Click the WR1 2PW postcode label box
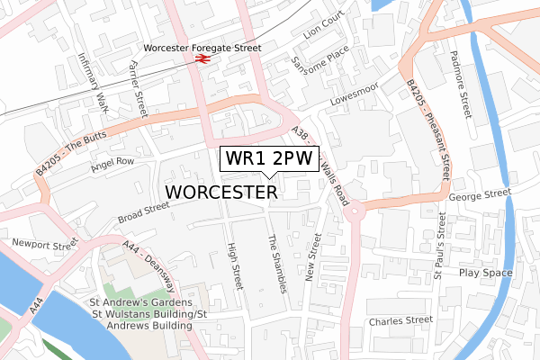(x=263, y=159)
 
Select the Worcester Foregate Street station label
(x=202, y=48)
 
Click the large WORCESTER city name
(x=221, y=193)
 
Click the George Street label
(x=479, y=193)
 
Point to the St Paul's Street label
(x=439, y=240)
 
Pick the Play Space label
(x=485, y=273)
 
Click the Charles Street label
(x=400, y=319)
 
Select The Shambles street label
(x=277, y=264)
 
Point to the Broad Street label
(x=143, y=212)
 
